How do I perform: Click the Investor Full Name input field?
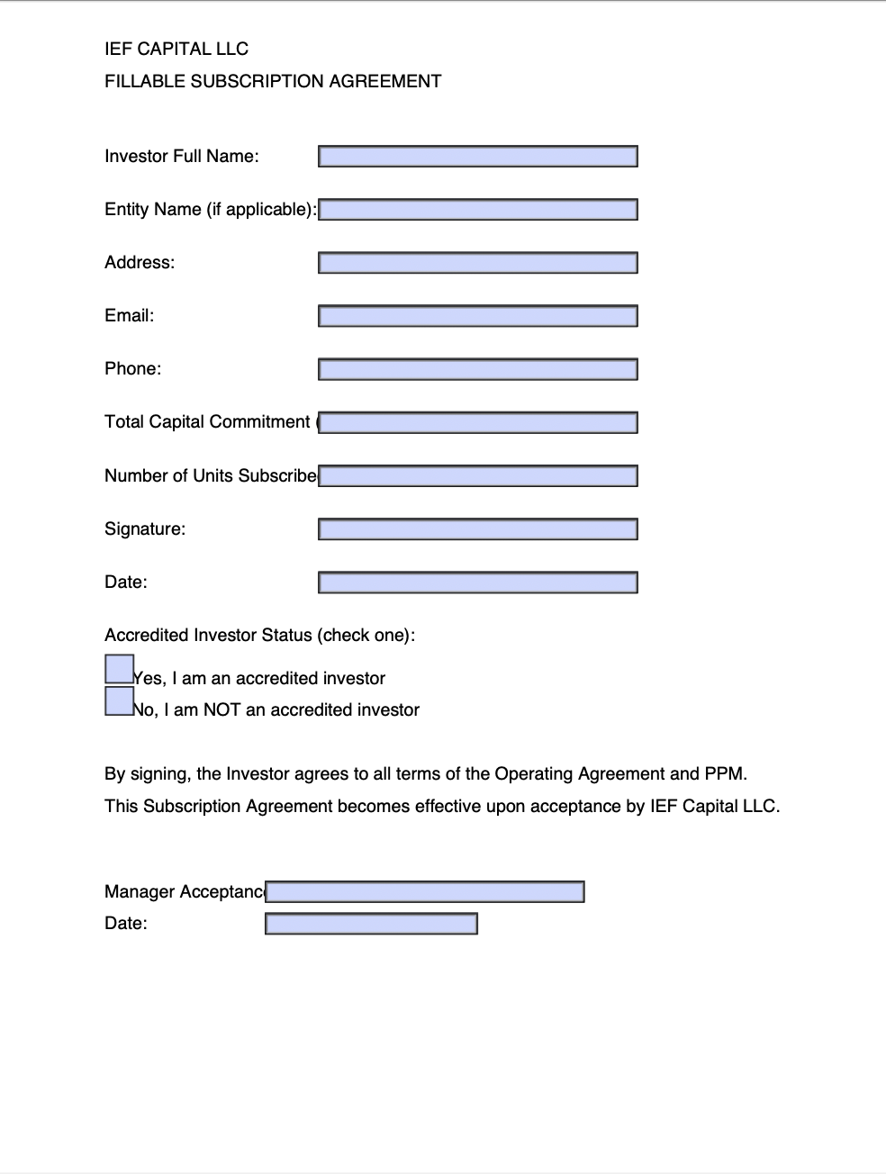(477, 157)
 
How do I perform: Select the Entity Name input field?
(477, 210)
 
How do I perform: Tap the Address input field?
(477, 263)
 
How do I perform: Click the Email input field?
(477, 316)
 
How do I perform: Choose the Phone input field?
(477, 369)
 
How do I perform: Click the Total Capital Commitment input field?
(477, 422)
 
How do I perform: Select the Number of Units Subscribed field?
(477, 475)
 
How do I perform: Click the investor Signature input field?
(477, 528)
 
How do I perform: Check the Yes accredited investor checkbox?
(119, 669)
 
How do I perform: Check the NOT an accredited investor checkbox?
(119, 700)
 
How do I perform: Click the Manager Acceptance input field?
(425, 892)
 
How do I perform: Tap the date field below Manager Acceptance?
(371, 924)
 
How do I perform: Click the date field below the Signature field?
(477, 582)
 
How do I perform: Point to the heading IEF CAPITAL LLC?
(176, 50)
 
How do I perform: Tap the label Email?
(130, 316)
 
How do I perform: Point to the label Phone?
(133, 369)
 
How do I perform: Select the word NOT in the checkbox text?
(222, 710)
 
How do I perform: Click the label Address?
(140, 263)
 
